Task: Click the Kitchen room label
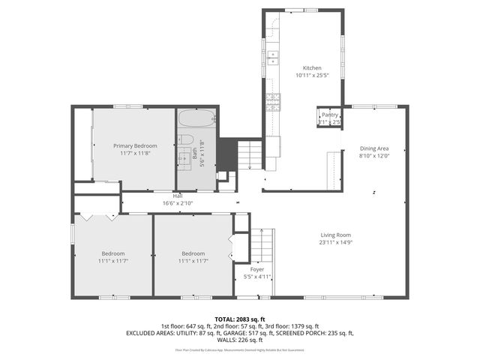(311, 68)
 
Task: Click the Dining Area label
(375, 148)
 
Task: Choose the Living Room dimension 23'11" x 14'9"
(336, 242)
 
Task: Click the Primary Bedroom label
(135, 145)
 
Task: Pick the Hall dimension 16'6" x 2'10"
(178, 202)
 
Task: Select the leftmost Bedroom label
(113, 253)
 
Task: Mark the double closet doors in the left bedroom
(97, 217)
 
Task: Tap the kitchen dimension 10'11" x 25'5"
(311, 75)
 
